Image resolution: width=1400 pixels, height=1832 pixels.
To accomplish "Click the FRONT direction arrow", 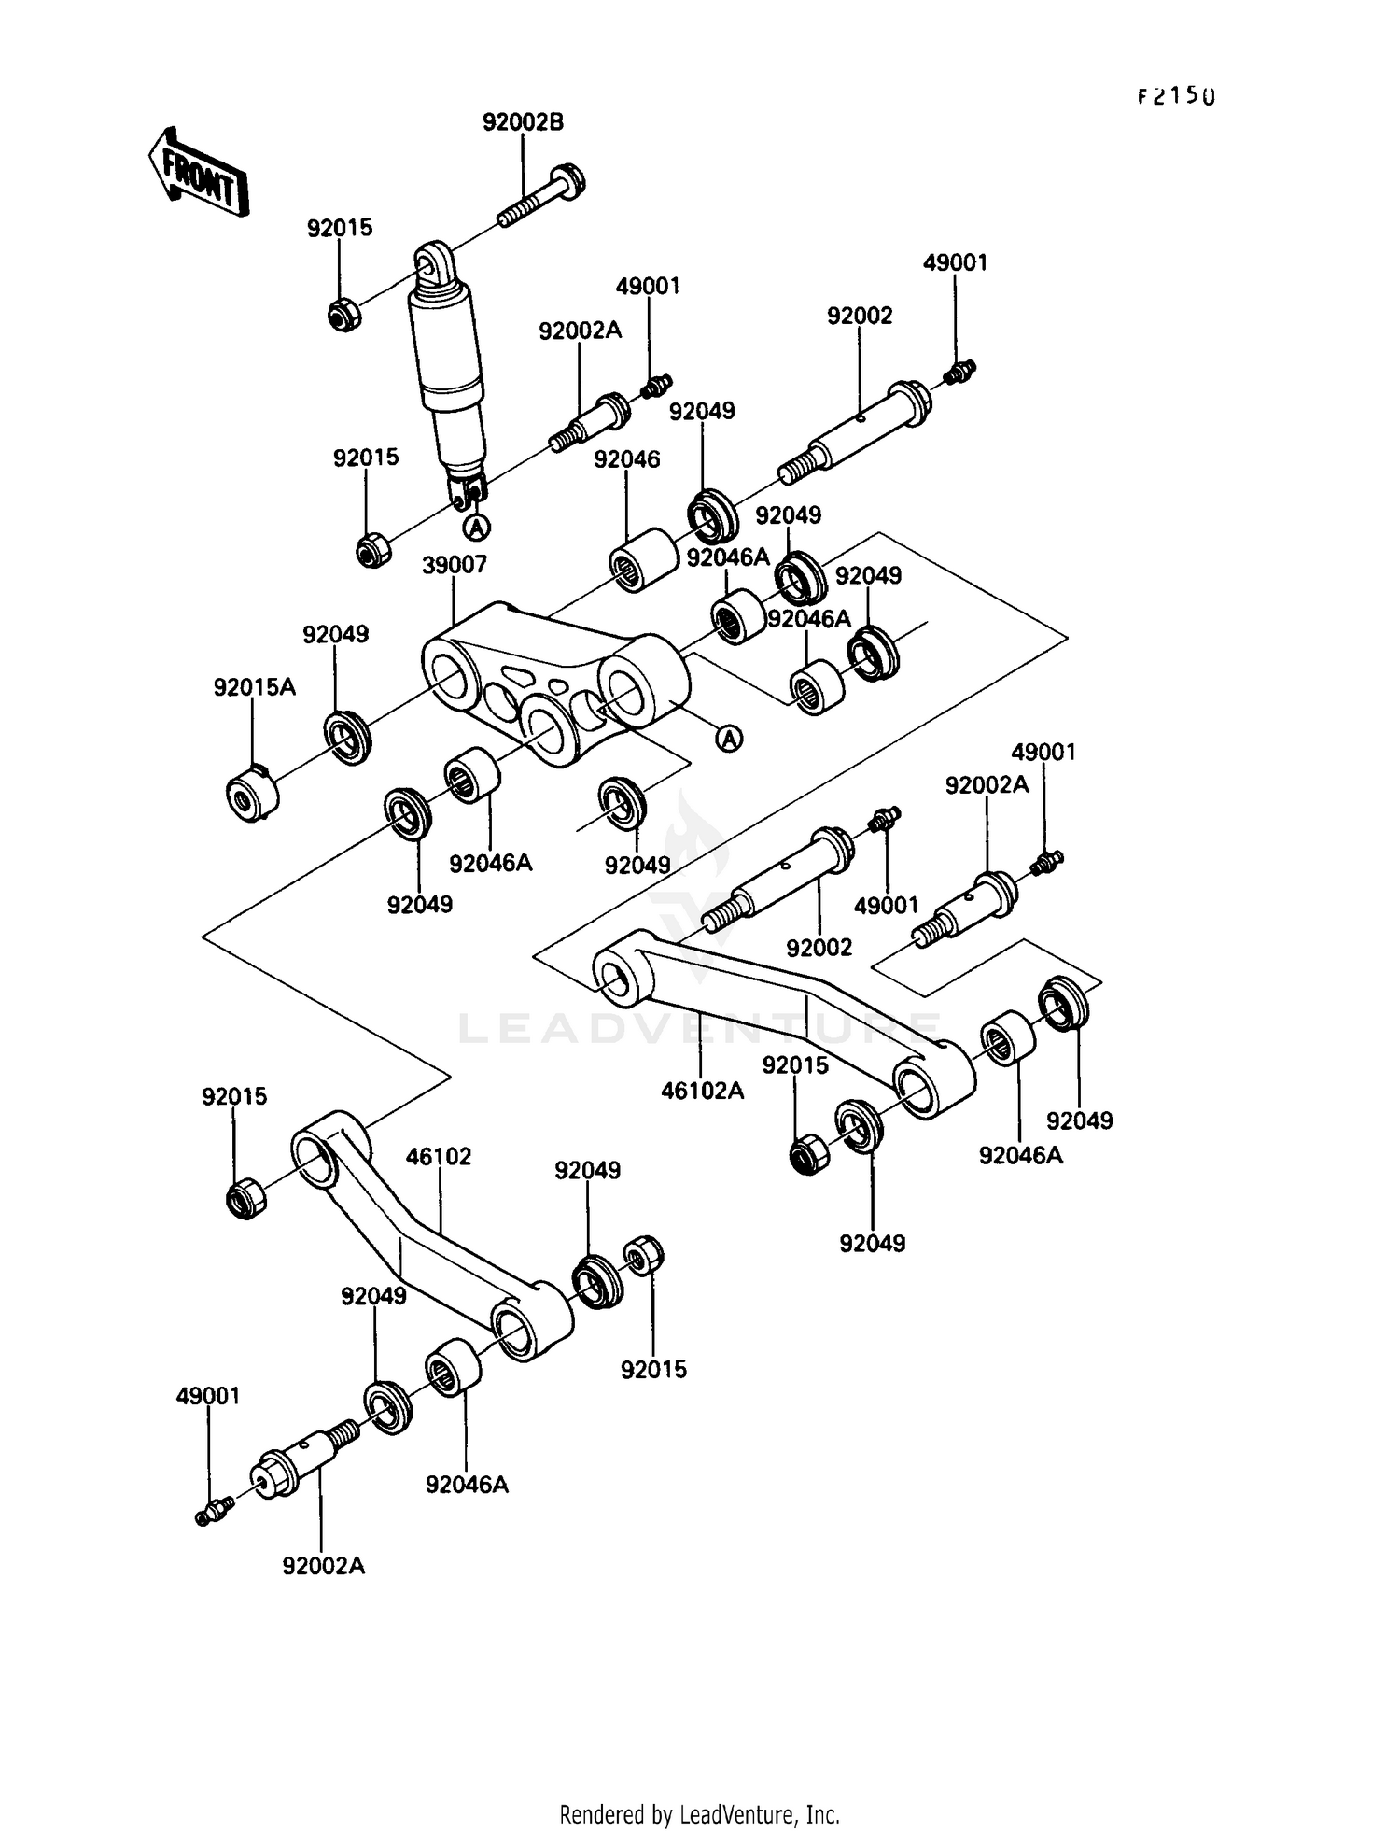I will pyautogui.click(x=198, y=172).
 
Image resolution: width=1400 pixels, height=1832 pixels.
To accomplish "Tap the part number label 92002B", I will pyautogui.click(x=523, y=122).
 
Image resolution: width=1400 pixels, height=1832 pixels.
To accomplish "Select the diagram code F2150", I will pyautogui.click(x=1176, y=96).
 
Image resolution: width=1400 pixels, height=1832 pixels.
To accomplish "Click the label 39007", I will pyautogui.click(x=455, y=565).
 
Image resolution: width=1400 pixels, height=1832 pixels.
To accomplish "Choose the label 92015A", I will pyautogui.click(x=254, y=687).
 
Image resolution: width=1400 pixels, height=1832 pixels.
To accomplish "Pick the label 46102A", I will pyautogui.click(x=702, y=1090).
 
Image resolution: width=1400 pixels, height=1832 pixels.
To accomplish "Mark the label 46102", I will pyautogui.click(x=439, y=1156).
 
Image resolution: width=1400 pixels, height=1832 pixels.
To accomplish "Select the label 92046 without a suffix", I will pyautogui.click(x=627, y=459).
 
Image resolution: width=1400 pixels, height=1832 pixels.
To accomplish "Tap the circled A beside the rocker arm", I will pyautogui.click(x=729, y=739).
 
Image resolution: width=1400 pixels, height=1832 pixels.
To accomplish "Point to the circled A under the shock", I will pyautogui.click(x=478, y=528).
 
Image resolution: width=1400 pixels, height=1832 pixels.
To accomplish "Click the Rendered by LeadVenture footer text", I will pyautogui.click(x=699, y=1814).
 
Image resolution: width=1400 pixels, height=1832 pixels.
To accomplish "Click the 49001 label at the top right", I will pyautogui.click(x=955, y=262).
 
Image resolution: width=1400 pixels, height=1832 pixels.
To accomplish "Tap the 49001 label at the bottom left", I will pyautogui.click(x=208, y=1395).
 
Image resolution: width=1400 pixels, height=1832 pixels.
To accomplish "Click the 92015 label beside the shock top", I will pyautogui.click(x=340, y=228).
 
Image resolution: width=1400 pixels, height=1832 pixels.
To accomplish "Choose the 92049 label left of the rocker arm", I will pyautogui.click(x=335, y=634).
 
